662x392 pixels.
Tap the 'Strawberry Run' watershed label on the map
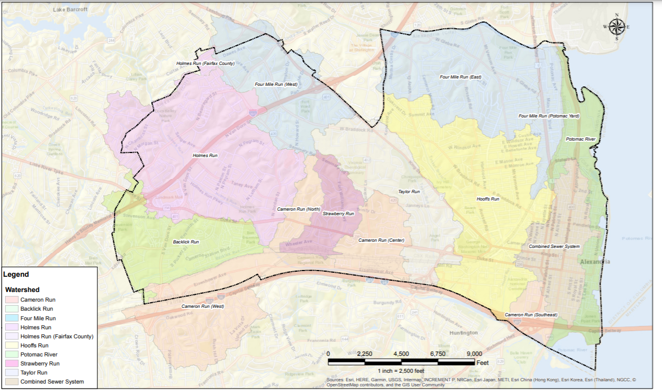click(338, 214)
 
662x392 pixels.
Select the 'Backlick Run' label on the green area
click(186, 242)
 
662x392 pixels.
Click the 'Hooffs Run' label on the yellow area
click(488, 199)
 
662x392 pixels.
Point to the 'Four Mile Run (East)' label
click(460, 77)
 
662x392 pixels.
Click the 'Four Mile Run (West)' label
click(276, 84)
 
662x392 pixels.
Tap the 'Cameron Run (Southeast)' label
click(531, 315)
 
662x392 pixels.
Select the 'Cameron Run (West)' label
click(203, 306)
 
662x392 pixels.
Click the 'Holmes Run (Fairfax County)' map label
click(205, 63)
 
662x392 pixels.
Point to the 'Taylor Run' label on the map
click(409, 192)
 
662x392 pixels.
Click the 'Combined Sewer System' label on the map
click(554, 247)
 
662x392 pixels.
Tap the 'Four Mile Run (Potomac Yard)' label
click(549, 116)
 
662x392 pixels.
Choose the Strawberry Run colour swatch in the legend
click(12, 364)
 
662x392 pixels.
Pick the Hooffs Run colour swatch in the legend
click(12, 345)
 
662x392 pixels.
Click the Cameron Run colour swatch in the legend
click(12, 299)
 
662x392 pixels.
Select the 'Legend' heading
click(16, 275)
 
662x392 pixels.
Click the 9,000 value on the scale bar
click(474, 354)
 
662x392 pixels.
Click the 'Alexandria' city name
click(594, 262)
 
